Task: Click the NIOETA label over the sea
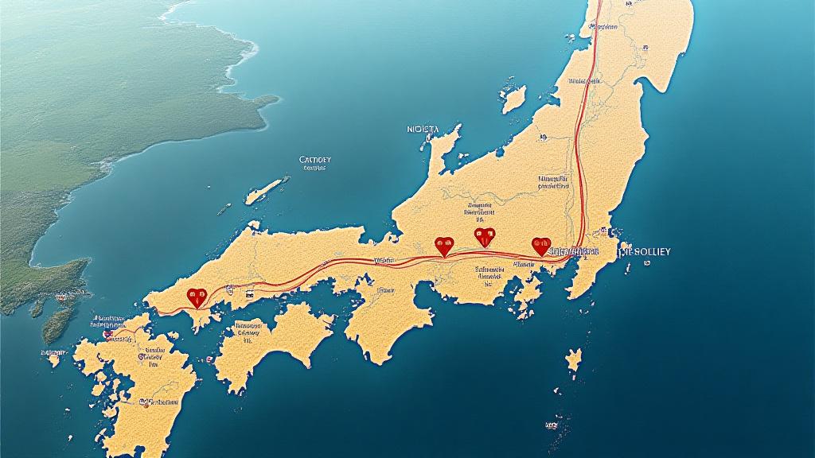click(x=433, y=129)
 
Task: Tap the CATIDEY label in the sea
click(x=314, y=160)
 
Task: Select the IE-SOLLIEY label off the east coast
click(x=645, y=251)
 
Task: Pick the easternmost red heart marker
click(x=541, y=246)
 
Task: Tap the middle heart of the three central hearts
click(x=484, y=236)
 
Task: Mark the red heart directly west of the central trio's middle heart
click(x=443, y=246)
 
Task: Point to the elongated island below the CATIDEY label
click(x=265, y=191)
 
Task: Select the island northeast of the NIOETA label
click(x=514, y=99)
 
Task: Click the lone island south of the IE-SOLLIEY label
click(x=573, y=363)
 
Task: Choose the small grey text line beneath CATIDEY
click(x=314, y=169)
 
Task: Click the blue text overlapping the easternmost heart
click(x=569, y=250)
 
